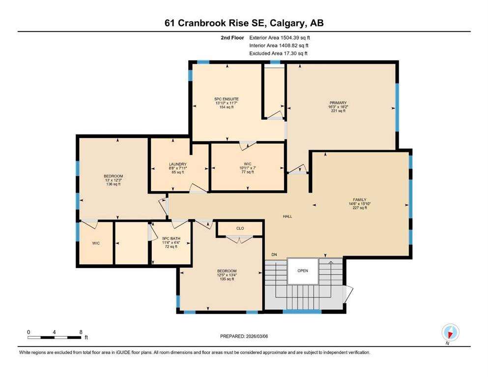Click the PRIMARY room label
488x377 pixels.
(x=338, y=103)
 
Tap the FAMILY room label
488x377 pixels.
(x=359, y=199)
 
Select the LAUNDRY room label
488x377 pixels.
(x=178, y=164)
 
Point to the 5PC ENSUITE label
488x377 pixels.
(x=226, y=99)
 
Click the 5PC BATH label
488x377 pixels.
(x=171, y=239)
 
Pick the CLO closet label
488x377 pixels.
(x=240, y=228)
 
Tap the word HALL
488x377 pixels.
(x=287, y=216)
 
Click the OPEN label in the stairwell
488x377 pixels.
(x=303, y=270)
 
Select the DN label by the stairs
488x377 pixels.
(x=274, y=255)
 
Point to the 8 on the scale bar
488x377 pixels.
(x=81, y=332)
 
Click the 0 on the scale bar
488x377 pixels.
(x=29, y=332)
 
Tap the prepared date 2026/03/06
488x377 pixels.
(x=257, y=336)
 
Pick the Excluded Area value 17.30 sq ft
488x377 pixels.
(x=296, y=54)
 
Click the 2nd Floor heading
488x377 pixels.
(x=232, y=38)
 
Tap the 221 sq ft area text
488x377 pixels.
(x=338, y=110)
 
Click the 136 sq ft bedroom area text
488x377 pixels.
(x=114, y=184)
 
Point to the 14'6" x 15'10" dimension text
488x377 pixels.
(x=359, y=204)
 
